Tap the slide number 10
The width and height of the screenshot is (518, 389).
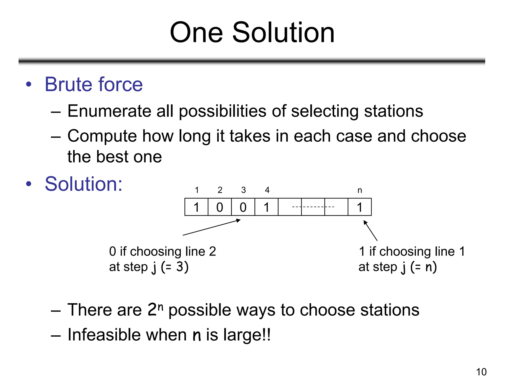click(481, 372)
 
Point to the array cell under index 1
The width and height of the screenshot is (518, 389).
click(197, 207)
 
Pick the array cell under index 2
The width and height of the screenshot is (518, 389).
click(220, 207)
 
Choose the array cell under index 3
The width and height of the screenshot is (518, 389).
click(243, 207)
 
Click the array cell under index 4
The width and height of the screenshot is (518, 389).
click(266, 207)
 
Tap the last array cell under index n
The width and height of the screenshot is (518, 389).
click(360, 207)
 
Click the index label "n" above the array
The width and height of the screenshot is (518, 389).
click(360, 190)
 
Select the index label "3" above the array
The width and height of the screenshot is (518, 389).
click(243, 190)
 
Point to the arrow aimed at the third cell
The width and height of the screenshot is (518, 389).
click(211, 227)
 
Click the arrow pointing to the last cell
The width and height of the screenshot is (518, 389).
click(370, 230)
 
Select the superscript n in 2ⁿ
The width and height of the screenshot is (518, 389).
click(160, 307)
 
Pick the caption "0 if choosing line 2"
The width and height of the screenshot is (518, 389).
click(162, 251)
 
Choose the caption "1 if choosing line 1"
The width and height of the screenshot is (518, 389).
click(412, 251)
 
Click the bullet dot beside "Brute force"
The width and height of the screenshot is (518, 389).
click(29, 84)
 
